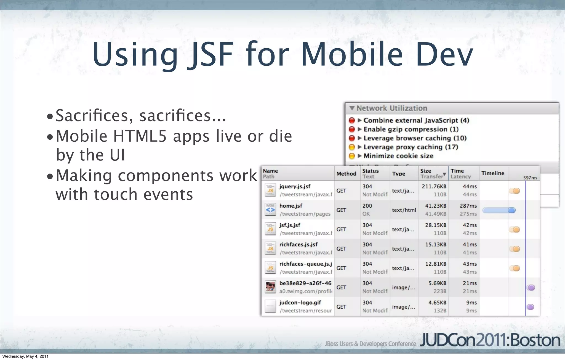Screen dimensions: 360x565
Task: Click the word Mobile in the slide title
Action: (x=352, y=54)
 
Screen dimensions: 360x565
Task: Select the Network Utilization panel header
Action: (x=392, y=108)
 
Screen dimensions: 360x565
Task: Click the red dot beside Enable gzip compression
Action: (x=352, y=129)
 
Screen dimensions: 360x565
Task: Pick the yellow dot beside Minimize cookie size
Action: (x=352, y=156)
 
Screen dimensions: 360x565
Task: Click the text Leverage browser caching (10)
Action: (x=415, y=138)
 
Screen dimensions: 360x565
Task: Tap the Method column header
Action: (x=346, y=174)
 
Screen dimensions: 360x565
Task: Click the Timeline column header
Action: (x=493, y=173)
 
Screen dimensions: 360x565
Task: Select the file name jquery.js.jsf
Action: (x=295, y=187)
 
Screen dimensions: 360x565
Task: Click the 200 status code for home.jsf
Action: (x=367, y=206)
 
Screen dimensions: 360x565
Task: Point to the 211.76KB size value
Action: (x=434, y=187)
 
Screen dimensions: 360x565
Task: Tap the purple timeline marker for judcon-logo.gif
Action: (x=530, y=307)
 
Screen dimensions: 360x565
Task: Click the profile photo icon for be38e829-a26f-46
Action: (x=270, y=287)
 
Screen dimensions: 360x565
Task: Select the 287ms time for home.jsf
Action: (x=468, y=206)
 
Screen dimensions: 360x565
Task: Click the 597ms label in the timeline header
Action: (x=530, y=178)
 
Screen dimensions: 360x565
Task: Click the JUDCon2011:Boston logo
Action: (x=490, y=341)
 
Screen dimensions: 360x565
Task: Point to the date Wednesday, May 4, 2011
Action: (x=25, y=356)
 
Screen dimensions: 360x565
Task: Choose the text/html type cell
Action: (x=404, y=210)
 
